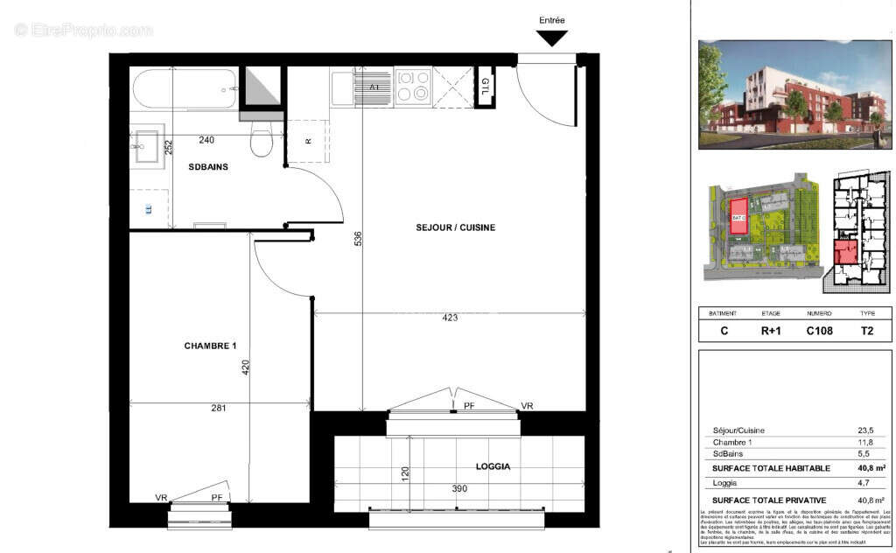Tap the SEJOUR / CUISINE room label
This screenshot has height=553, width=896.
click(455, 227)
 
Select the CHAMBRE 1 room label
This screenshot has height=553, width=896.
click(210, 346)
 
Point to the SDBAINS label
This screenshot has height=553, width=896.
click(208, 166)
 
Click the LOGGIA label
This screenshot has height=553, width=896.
click(493, 467)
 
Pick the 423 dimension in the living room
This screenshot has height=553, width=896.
click(450, 318)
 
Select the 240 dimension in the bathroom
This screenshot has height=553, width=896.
click(206, 140)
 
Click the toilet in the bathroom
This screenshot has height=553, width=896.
click(261, 138)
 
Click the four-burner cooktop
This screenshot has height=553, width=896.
click(413, 87)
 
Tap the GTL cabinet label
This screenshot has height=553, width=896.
click(485, 87)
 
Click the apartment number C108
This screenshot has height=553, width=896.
click(819, 331)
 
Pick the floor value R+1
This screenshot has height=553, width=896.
click(771, 331)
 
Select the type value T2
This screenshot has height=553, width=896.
click(867, 331)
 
